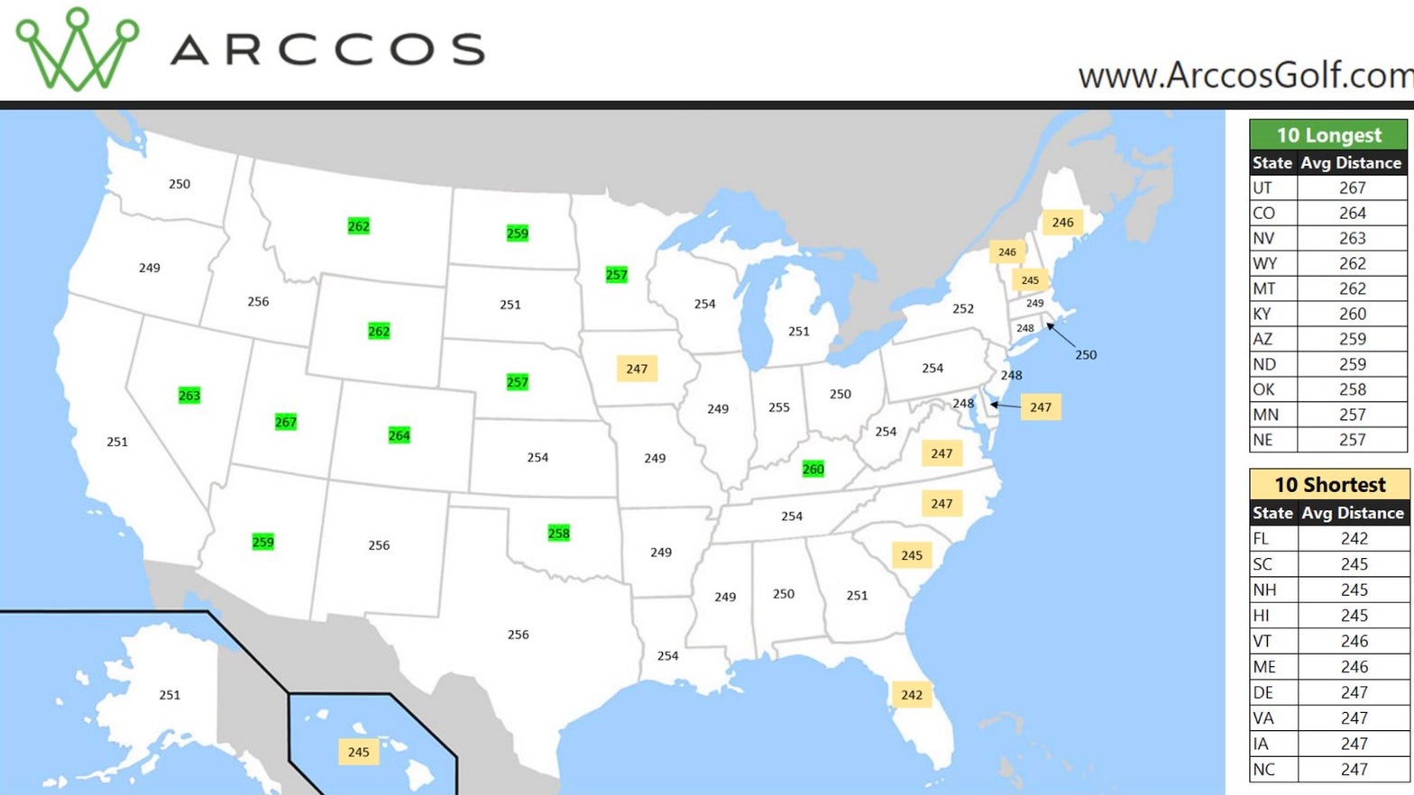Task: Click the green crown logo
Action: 78,50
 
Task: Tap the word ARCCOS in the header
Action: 327,50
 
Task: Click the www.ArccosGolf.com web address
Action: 1244,76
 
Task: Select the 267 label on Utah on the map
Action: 286,422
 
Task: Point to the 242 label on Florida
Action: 912,695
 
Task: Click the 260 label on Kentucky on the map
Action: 813,469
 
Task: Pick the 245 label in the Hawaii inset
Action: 358,752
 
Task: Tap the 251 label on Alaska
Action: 170,695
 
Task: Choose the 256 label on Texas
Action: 519,635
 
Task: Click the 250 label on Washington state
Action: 179,184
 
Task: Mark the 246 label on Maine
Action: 1062,222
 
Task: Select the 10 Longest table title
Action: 1328,135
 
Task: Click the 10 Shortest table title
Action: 1329,485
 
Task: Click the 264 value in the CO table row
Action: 1352,213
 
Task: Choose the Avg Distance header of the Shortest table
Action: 1352,513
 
